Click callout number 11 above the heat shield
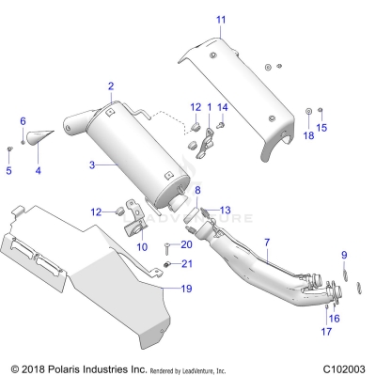pyautogui.click(x=221, y=20)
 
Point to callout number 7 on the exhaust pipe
pyautogui.click(x=266, y=243)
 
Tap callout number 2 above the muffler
pyautogui.click(x=110, y=86)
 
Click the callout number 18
pyautogui.click(x=307, y=135)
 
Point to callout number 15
pyautogui.click(x=321, y=127)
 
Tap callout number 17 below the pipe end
pyautogui.click(x=326, y=332)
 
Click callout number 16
pyautogui.click(x=334, y=319)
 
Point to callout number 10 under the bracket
pyautogui.click(x=142, y=246)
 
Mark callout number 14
pyautogui.click(x=223, y=107)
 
